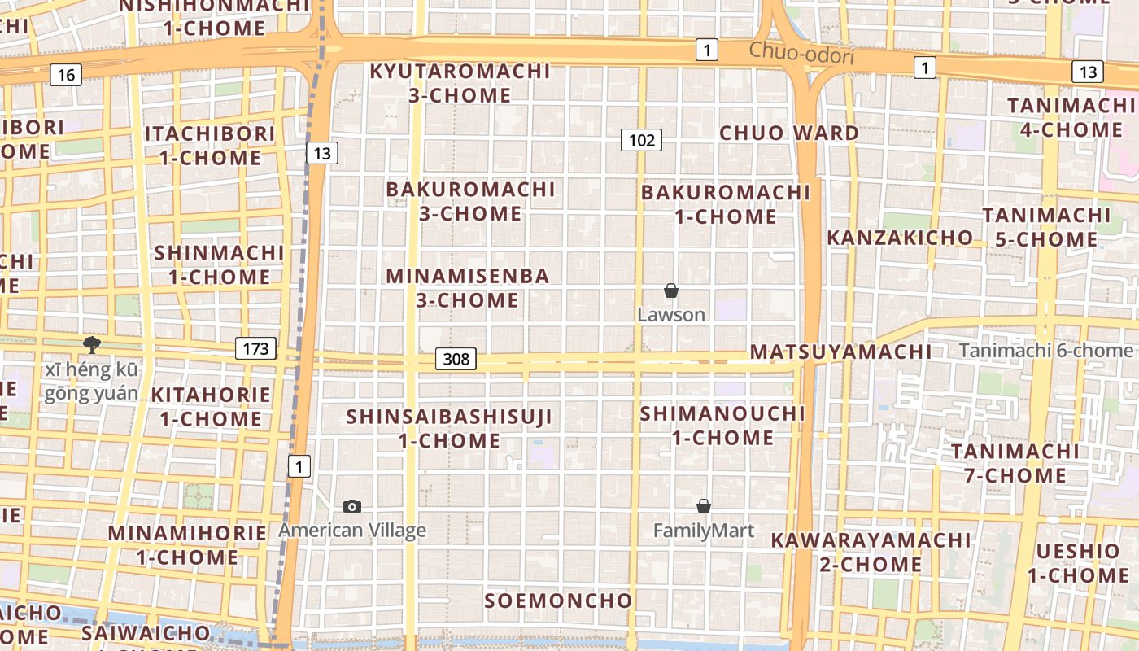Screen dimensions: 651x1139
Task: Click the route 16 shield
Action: coord(66,76)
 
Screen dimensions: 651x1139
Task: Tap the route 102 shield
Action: coord(641,140)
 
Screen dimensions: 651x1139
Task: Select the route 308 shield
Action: coord(456,358)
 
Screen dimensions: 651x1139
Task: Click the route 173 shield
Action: coord(255,349)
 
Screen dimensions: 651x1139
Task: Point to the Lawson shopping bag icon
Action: coord(671,291)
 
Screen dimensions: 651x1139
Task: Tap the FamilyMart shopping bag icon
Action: coord(704,506)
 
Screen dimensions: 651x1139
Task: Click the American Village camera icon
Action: coord(352,506)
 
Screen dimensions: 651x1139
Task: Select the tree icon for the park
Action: coord(92,345)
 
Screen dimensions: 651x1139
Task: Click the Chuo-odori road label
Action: coord(801,54)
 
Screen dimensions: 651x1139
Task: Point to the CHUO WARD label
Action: coord(789,133)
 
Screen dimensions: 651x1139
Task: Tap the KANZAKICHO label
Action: coord(900,238)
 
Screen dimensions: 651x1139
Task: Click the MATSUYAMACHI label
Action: coord(840,352)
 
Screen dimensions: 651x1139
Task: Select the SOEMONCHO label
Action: coord(558,601)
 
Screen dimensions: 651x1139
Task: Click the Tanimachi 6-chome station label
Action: coord(1045,351)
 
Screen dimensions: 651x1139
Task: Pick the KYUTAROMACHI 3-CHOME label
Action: coord(460,83)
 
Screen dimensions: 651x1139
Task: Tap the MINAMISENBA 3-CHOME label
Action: coord(468,287)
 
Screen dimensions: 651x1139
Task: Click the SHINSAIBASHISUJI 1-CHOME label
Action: coord(449,428)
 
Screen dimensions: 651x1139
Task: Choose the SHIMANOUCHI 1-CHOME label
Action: coord(722,425)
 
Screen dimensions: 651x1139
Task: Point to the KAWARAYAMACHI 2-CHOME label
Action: coord(871,552)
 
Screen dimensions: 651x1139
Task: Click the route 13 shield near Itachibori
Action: coord(322,152)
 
